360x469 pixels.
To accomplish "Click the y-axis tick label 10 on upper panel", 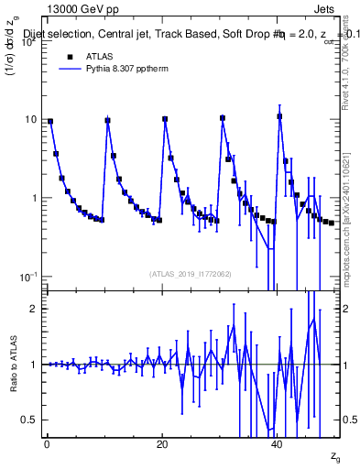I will [30, 120].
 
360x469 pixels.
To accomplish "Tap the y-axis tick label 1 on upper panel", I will [35, 198].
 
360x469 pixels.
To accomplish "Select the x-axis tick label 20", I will [161, 442].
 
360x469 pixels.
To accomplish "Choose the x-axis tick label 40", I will [277, 442].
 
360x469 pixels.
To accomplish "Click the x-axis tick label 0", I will [46, 442].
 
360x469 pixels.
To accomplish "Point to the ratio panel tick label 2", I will [36, 309].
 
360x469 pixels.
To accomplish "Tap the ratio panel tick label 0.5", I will [30, 420].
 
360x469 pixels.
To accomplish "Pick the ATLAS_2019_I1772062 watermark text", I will [191, 274].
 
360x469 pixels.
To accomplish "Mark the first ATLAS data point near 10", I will [50, 121].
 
